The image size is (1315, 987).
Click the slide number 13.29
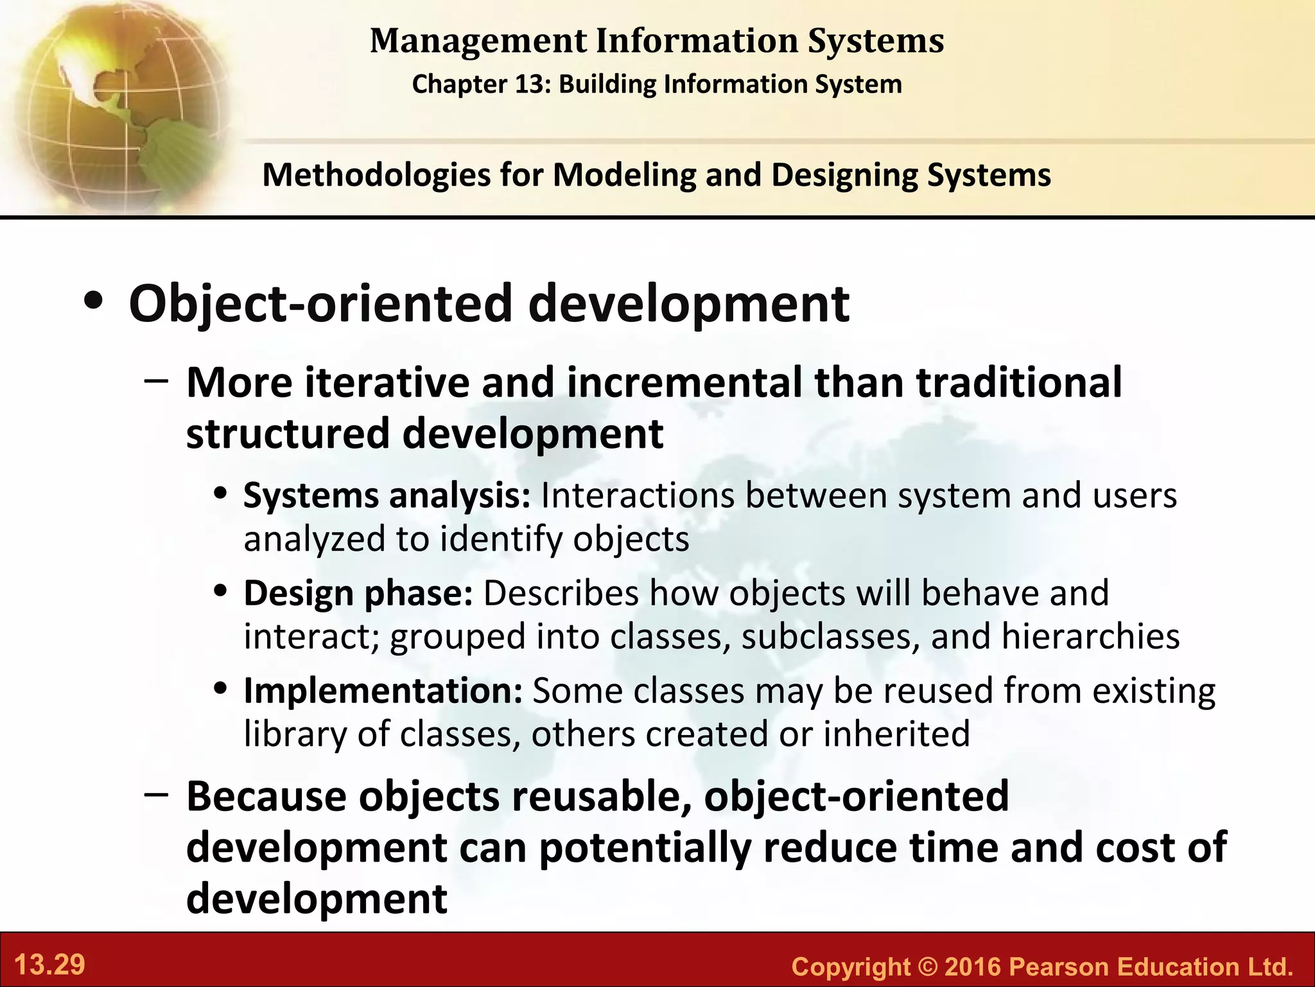tap(49, 965)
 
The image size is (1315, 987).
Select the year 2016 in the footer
tap(973, 966)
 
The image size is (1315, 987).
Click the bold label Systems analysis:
tap(387, 496)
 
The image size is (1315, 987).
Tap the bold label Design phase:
tap(358, 593)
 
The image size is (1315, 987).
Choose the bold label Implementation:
tap(383, 691)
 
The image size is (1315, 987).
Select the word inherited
tap(896, 734)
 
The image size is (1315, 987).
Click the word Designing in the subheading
tap(844, 175)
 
